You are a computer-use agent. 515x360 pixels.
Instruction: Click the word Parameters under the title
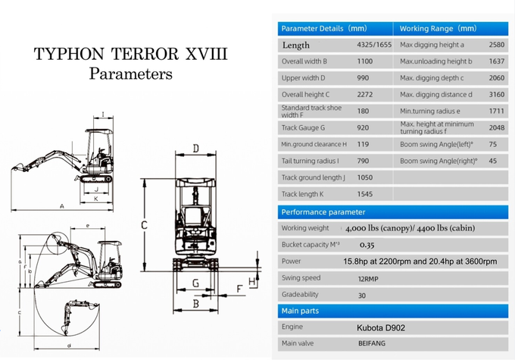click(130, 74)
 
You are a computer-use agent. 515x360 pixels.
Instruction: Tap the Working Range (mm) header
click(438, 29)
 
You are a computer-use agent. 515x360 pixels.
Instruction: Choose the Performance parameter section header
click(323, 212)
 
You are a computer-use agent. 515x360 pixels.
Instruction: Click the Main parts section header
click(300, 311)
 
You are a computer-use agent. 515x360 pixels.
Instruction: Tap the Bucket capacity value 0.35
click(367, 245)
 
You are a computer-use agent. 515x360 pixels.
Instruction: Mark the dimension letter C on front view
click(145, 225)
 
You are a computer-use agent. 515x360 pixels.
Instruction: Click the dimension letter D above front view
click(196, 148)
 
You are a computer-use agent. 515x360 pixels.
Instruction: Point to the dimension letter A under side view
click(61, 206)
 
